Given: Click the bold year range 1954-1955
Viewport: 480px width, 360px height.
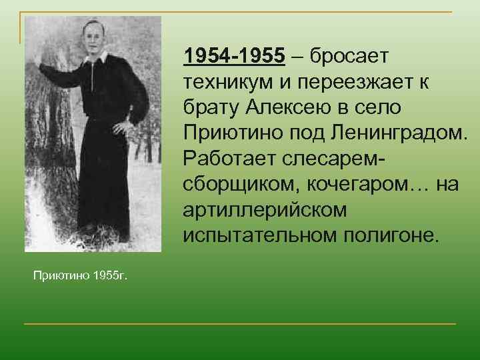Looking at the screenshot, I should [235, 57].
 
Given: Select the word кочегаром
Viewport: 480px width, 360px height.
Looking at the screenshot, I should [353, 184].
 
